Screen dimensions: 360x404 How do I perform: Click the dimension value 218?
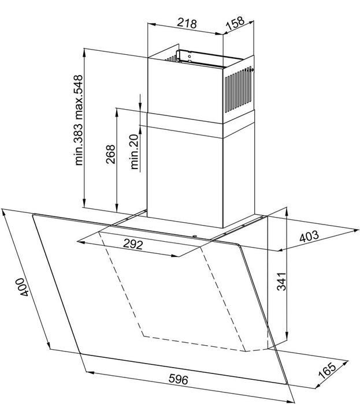pos(187,24)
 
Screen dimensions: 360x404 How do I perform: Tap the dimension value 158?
pos(235,23)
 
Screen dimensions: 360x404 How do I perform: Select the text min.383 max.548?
pos(79,120)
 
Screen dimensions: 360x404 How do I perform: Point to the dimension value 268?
pos(110,154)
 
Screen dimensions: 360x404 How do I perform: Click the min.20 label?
pos(135,151)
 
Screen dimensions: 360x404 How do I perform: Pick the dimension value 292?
pos(133,244)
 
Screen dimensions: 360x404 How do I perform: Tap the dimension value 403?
pos(309,236)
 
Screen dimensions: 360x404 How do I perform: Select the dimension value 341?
pos(281,282)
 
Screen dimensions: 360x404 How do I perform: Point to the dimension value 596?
pos(179,379)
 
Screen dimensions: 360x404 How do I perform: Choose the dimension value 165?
pos(328,371)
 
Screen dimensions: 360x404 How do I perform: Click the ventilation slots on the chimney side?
pos(237,89)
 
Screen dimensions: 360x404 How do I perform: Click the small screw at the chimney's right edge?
pos(252,69)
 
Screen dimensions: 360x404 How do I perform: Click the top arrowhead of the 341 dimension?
pos(287,212)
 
